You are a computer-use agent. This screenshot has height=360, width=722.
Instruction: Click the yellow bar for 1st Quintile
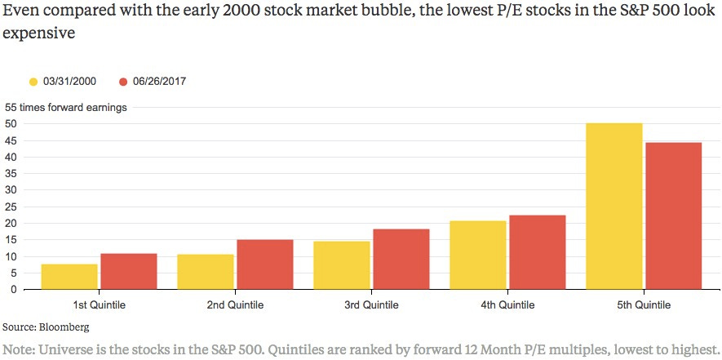click(69, 277)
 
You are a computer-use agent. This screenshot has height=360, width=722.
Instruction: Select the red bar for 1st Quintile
click(128, 272)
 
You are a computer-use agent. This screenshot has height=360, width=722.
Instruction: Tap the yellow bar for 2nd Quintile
click(206, 272)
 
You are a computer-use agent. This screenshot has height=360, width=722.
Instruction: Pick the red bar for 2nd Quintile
click(264, 264)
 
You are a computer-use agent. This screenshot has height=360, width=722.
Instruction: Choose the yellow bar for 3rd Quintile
click(342, 265)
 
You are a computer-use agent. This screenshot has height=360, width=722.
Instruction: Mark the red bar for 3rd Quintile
click(401, 260)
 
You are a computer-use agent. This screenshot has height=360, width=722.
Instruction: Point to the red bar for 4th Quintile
click(537, 252)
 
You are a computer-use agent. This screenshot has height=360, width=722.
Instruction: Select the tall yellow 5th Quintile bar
click(614, 207)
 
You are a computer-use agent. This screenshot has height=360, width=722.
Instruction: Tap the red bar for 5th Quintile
click(673, 216)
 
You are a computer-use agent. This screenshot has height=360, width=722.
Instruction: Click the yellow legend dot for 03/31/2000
click(33, 82)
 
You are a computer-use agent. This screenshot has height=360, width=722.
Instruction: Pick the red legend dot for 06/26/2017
click(124, 82)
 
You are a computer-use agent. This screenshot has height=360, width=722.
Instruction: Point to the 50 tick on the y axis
click(11, 124)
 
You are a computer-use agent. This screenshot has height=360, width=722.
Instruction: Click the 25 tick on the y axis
click(11, 207)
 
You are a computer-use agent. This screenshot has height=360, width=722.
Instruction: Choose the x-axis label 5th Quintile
click(644, 305)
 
